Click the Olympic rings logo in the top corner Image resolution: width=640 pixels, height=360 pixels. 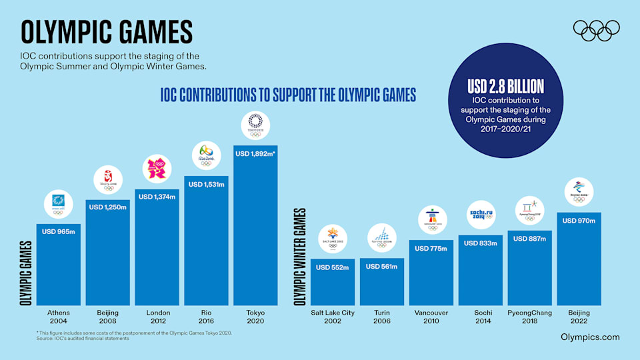click(597, 31)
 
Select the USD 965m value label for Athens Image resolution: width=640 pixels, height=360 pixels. click(58, 232)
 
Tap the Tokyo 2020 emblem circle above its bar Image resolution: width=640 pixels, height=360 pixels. click(255, 125)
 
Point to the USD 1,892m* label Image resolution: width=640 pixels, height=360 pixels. click(255, 154)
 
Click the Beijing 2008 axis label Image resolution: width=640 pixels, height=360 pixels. click(107, 316)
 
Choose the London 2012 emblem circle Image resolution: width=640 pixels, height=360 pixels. click(157, 169)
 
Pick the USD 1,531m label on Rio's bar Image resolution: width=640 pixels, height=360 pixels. click(205, 185)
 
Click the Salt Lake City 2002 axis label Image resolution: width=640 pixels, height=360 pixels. click(333, 316)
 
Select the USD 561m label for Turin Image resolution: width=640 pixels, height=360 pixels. click(382, 267)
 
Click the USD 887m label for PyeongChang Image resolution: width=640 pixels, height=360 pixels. click(529, 239)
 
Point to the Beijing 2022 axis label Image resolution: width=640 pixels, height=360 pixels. click(579, 316)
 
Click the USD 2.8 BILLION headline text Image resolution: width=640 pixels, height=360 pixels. click(506, 86)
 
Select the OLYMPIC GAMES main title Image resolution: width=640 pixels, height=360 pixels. click(107, 32)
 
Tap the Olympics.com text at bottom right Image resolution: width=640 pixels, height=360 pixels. click(591, 337)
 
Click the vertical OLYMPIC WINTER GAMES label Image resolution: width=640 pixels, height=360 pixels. click(299, 256)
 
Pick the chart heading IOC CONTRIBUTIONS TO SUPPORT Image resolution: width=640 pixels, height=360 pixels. click(288, 95)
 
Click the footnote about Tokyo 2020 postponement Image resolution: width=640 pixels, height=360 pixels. click(133, 332)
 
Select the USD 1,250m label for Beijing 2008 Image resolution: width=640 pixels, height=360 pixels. click(107, 208)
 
